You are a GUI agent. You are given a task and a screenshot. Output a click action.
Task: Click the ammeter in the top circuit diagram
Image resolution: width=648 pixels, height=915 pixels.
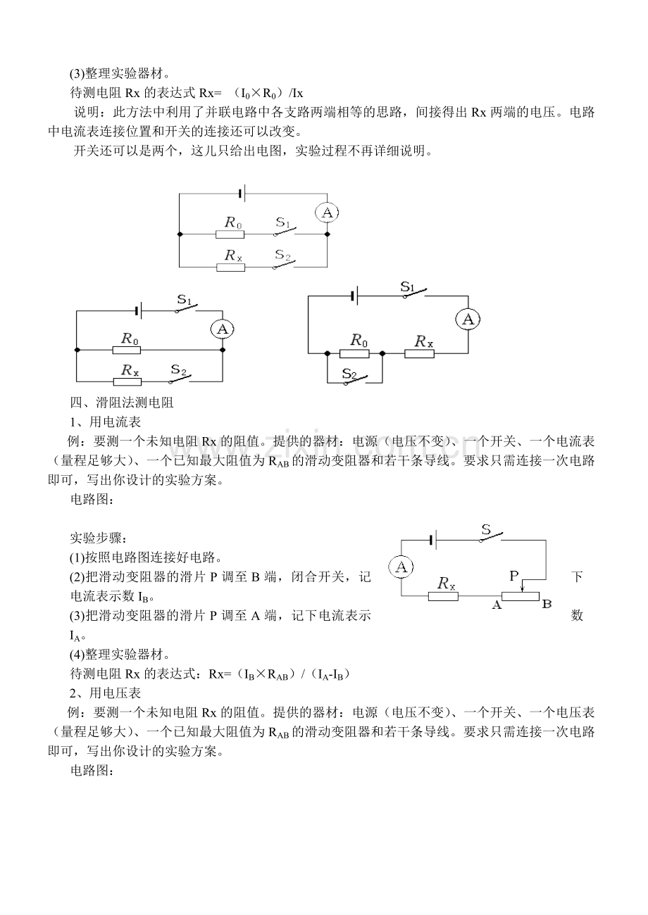tap(326, 213)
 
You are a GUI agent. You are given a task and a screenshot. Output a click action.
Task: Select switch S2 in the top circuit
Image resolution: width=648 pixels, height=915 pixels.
tap(285, 262)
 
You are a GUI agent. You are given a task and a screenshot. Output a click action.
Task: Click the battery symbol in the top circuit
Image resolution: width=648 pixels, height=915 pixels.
tap(242, 192)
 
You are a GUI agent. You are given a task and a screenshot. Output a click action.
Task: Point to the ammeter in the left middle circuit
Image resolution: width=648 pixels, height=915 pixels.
tap(223, 329)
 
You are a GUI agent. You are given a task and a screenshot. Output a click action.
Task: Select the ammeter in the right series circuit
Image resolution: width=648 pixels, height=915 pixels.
tap(468, 320)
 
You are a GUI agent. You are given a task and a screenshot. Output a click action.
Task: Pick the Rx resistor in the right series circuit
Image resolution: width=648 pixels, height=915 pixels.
tap(419, 353)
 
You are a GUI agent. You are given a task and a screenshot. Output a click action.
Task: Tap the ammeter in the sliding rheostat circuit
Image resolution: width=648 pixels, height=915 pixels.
tap(401, 567)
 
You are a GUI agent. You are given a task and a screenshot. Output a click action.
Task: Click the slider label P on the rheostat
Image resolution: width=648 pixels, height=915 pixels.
tap(513, 576)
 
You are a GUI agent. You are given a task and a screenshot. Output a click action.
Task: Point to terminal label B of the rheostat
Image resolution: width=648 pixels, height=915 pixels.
tap(547, 603)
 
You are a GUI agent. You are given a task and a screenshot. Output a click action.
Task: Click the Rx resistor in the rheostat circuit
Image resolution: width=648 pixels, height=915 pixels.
tap(443, 595)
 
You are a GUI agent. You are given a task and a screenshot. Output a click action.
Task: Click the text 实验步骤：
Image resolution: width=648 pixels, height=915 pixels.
tap(98, 538)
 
